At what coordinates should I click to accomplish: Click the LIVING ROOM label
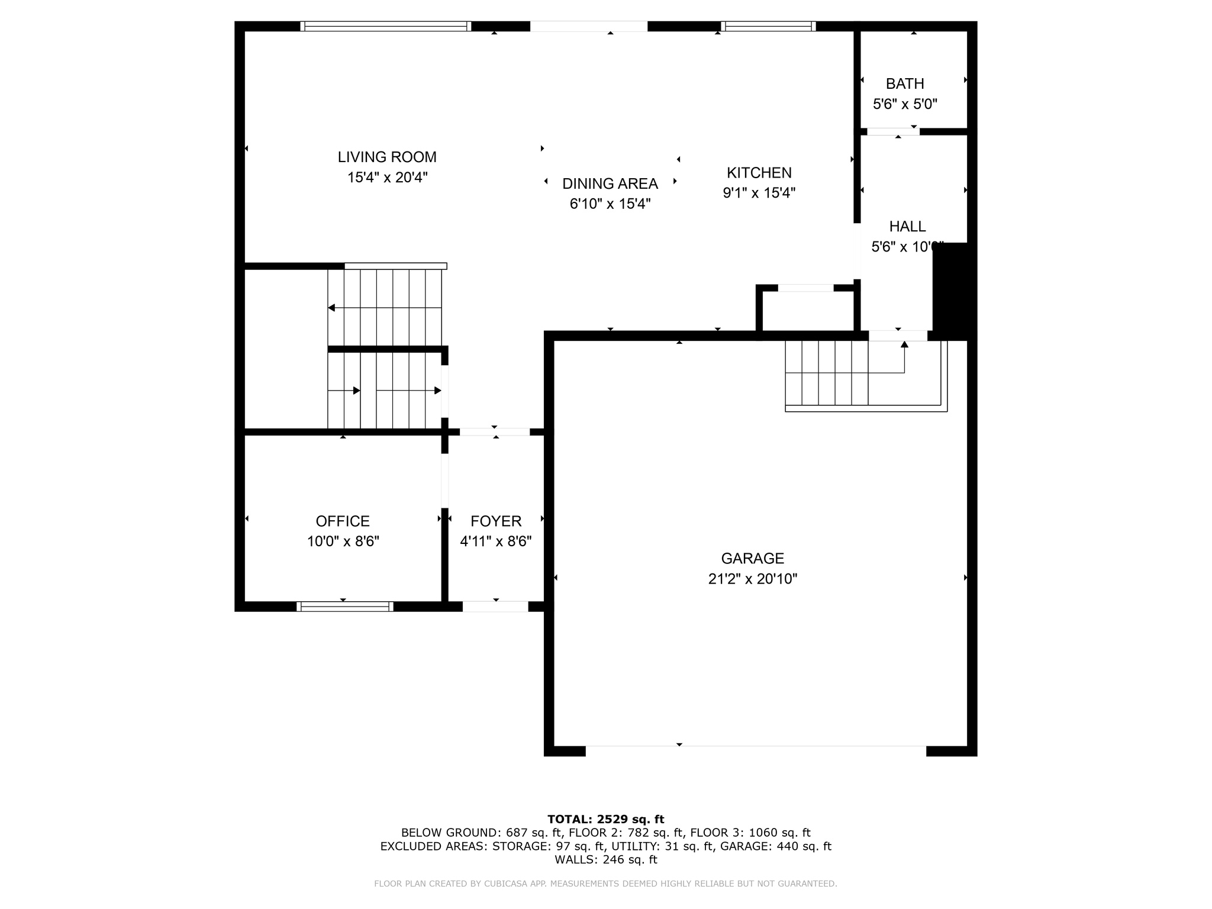tap(387, 157)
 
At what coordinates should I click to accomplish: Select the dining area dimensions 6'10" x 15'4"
tap(610, 204)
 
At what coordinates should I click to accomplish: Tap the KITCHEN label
tap(759, 173)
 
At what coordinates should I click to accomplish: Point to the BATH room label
tap(905, 84)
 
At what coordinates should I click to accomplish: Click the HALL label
tap(907, 227)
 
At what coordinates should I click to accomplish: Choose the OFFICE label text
tap(343, 521)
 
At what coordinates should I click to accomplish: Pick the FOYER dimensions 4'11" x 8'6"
tap(496, 541)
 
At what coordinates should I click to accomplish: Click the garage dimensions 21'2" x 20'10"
tap(753, 579)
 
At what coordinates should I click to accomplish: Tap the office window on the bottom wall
tap(344, 606)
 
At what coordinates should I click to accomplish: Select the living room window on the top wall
tap(385, 26)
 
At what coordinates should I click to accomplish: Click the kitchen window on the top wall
tap(768, 26)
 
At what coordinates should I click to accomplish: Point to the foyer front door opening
tap(495, 606)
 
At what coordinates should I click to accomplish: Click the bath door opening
tap(893, 131)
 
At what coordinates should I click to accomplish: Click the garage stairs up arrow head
tap(904, 344)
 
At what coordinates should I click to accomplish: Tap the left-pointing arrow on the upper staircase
tap(331, 308)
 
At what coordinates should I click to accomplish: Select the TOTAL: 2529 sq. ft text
tap(605, 820)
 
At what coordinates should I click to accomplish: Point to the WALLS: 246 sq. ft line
tap(605, 860)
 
